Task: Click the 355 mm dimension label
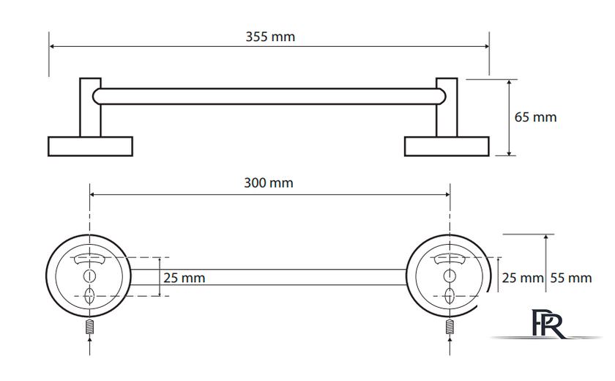[x=270, y=37]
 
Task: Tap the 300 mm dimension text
[x=269, y=183]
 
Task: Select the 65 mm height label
[x=535, y=117]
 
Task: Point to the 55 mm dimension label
[x=570, y=278]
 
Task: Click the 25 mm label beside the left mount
[x=184, y=278]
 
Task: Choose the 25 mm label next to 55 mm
[x=523, y=278]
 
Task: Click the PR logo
[x=547, y=324]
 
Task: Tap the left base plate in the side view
[x=90, y=147]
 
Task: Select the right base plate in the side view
[x=447, y=147]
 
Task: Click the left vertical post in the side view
[x=90, y=108]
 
